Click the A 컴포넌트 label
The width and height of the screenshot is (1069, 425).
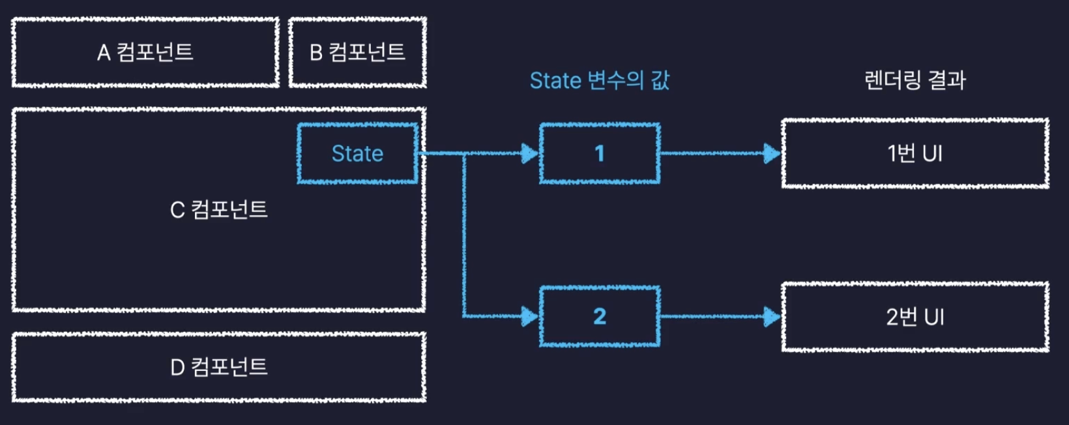(x=145, y=52)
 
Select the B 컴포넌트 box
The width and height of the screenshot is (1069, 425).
(x=357, y=52)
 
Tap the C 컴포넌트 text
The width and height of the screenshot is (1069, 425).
(x=219, y=210)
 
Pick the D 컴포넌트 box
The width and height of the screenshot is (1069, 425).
(x=219, y=368)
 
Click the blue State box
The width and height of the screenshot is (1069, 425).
(x=357, y=153)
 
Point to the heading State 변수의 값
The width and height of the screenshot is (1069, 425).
(x=599, y=80)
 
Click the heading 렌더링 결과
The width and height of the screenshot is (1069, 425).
(x=915, y=80)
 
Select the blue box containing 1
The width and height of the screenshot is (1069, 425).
(x=600, y=153)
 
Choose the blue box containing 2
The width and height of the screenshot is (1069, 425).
(x=600, y=316)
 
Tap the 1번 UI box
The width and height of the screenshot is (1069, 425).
(x=915, y=153)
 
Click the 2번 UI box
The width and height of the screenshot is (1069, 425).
(x=915, y=317)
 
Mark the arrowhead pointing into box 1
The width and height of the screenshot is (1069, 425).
(x=530, y=154)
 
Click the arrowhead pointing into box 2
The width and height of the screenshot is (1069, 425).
(x=530, y=317)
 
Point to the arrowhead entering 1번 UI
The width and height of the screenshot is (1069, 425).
(x=772, y=154)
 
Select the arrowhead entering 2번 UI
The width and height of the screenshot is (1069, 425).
(x=772, y=317)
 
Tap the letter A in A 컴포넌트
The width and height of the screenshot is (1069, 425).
(x=104, y=53)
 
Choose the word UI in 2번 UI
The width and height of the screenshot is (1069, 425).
(x=933, y=317)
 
